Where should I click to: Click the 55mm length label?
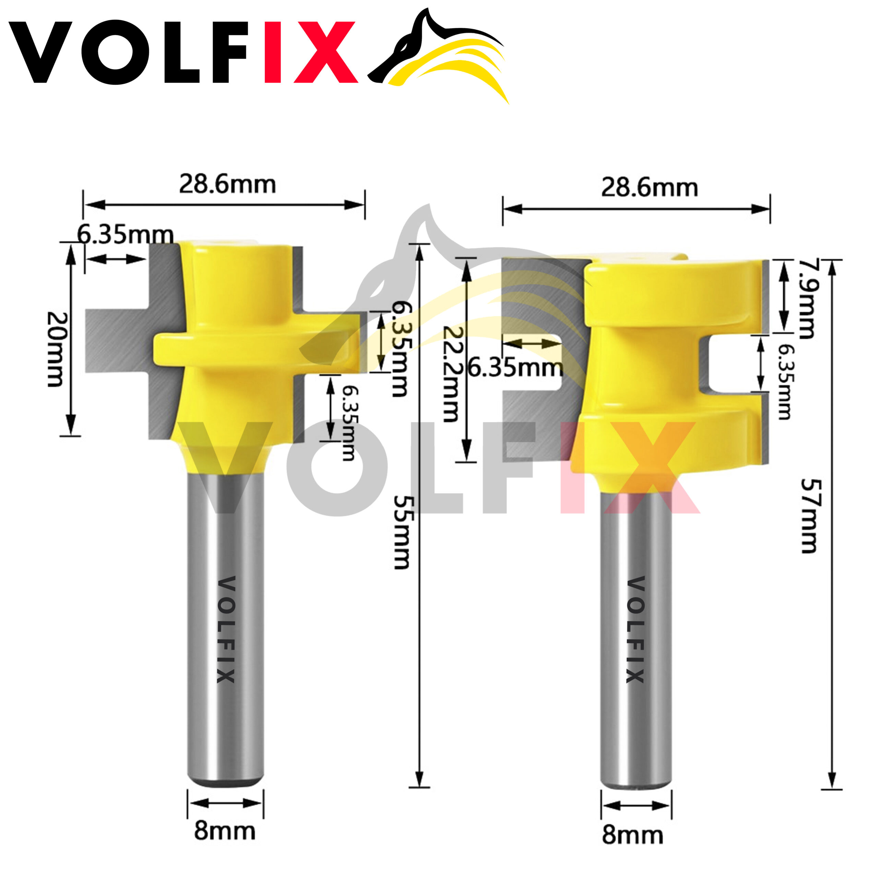click(402, 532)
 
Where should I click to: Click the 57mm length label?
click(808, 515)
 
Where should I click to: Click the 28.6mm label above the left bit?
click(227, 184)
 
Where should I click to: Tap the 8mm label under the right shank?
click(632, 835)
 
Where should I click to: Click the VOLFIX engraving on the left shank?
click(226, 630)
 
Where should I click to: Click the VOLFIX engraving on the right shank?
click(636, 630)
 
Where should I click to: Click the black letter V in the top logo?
click(40, 52)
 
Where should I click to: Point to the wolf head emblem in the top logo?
click(439, 55)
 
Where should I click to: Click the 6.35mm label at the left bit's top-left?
click(125, 235)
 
